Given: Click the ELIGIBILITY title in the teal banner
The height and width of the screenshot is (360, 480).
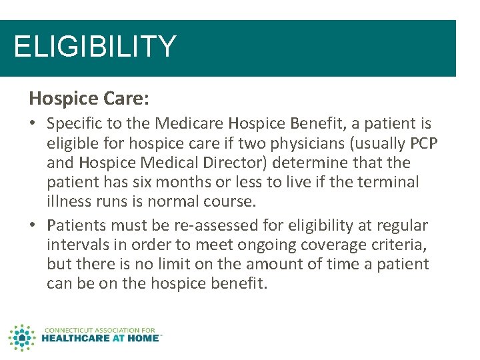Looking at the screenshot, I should (95, 47).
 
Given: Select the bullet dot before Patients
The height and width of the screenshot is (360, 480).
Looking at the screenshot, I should (33, 226).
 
